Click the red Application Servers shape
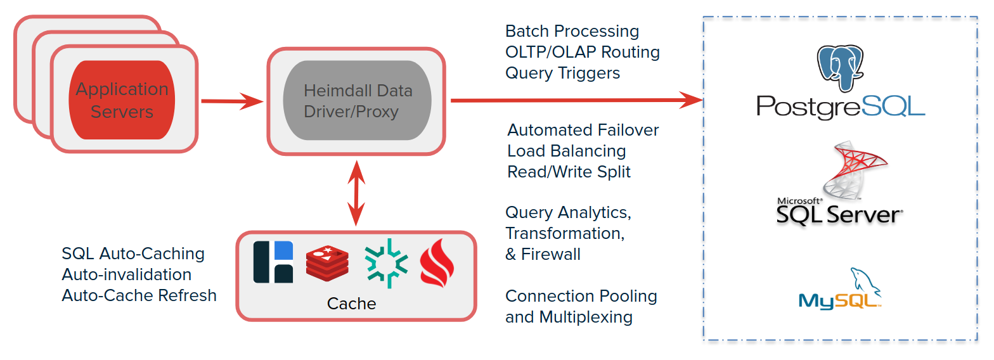pos(122,100)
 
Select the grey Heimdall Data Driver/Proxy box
pos(358,101)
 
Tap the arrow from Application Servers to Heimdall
pos(231,101)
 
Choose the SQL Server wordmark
pos(838,214)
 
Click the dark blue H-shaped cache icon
pos(273,262)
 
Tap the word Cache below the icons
pos(351,304)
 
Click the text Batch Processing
pos(572,31)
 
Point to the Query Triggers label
pos(562,73)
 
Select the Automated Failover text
pos(583,130)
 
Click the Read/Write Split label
pos(569,172)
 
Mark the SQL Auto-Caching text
pos(133,254)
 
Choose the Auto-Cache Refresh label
pos(139,295)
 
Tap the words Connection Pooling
pos(581,296)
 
